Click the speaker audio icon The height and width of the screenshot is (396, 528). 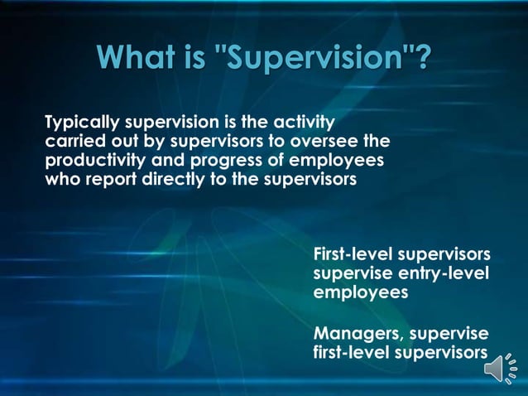click(x=499, y=367)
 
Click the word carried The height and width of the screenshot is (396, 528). click(x=72, y=141)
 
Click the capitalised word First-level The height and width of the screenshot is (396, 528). click(x=353, y=254)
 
